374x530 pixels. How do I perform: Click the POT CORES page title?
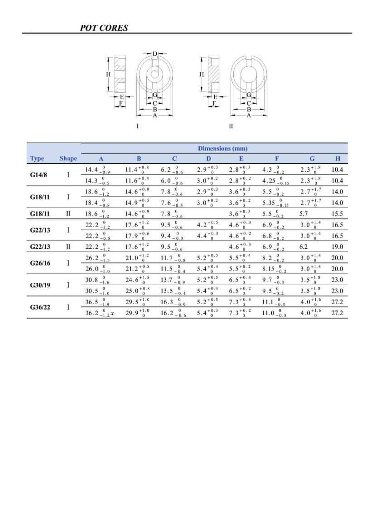(104, 28)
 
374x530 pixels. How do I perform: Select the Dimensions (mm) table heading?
(223, 148)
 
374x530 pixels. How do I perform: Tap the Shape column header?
(68, 158)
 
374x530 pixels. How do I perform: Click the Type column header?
(37, 158)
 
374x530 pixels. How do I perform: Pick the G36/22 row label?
(40, 307)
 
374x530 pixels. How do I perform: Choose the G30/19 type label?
(40, 285)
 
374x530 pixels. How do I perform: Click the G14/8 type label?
(39, 175)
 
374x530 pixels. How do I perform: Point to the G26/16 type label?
(40, 263)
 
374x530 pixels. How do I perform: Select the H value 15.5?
(337, 214)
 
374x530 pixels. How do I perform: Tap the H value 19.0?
(337, 247)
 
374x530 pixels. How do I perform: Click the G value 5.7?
(304, 214)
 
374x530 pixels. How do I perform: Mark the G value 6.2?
(304, 247)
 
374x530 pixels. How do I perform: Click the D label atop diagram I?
(155, 54)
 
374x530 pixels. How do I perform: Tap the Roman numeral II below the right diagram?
(231, 126)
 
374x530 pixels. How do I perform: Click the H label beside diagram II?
(202, 74)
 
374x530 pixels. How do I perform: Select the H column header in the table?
(337, 158)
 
